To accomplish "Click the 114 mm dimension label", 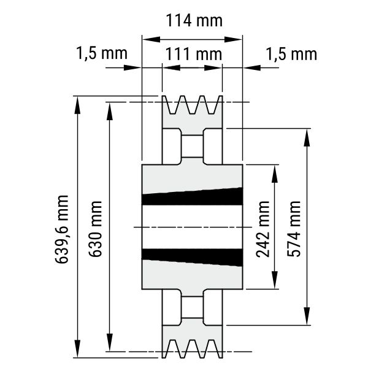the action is pos(194,21).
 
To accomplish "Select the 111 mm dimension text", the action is pos(194,54).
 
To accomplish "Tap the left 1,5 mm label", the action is pos(102,53).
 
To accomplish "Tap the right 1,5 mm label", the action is pos(291,55).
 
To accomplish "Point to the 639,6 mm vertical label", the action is pos(62,229).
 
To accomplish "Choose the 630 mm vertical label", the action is pos(95,229).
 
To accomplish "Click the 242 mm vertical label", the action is pos(263,229).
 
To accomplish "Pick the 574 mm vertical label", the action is pos(294,229).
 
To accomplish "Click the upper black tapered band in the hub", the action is pos(192,197).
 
